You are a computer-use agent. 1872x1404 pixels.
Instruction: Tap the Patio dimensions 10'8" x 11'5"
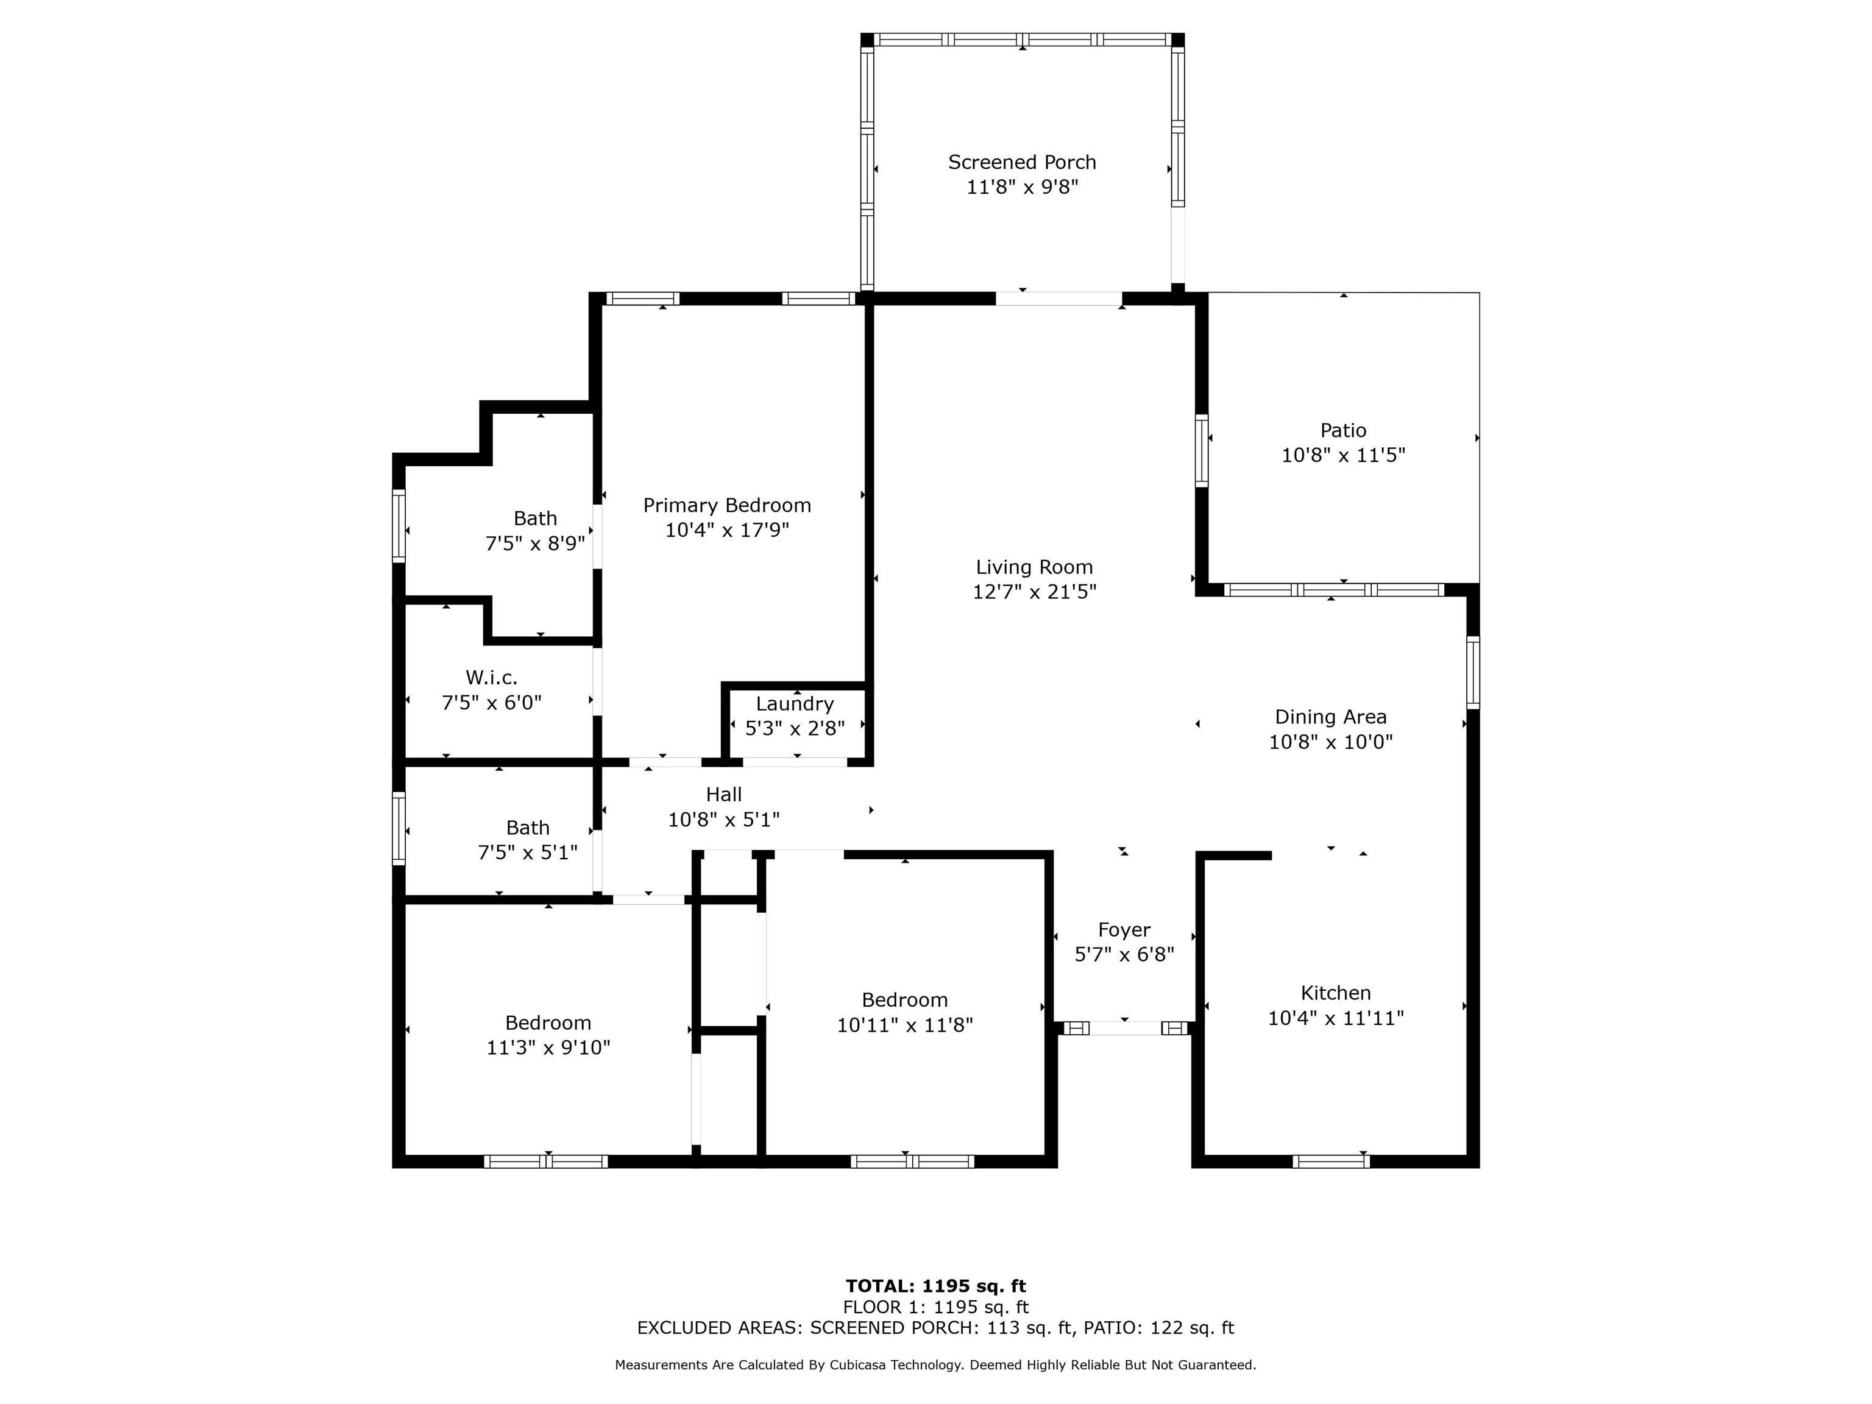point(1343,455)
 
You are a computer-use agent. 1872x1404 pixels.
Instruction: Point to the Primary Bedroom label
point(727,505)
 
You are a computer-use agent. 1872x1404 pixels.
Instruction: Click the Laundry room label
point(795,704)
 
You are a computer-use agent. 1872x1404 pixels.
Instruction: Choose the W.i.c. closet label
point(492,678)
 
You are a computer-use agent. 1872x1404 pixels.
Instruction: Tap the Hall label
point(723,795)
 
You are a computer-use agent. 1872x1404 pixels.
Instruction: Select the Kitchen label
point(1336,993)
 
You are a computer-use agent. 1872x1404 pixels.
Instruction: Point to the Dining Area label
point(1330,718)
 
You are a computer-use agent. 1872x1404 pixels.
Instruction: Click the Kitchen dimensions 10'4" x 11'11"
point(1336,1018)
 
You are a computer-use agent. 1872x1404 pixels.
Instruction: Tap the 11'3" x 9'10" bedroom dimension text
point(548,1048)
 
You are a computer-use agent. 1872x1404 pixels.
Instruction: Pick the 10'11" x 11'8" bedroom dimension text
point(905,1025)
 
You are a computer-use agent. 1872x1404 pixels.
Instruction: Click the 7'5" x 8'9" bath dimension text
point(535,544)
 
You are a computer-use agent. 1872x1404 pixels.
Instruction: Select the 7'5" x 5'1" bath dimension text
point(528,853)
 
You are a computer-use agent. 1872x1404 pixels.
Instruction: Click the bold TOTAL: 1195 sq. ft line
point(936,1287)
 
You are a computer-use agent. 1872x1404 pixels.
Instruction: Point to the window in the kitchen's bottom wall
point(1330,1161)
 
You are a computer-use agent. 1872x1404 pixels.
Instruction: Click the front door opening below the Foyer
point(1125,1028)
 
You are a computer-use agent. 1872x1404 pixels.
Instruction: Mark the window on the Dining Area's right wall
point(1473,672)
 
